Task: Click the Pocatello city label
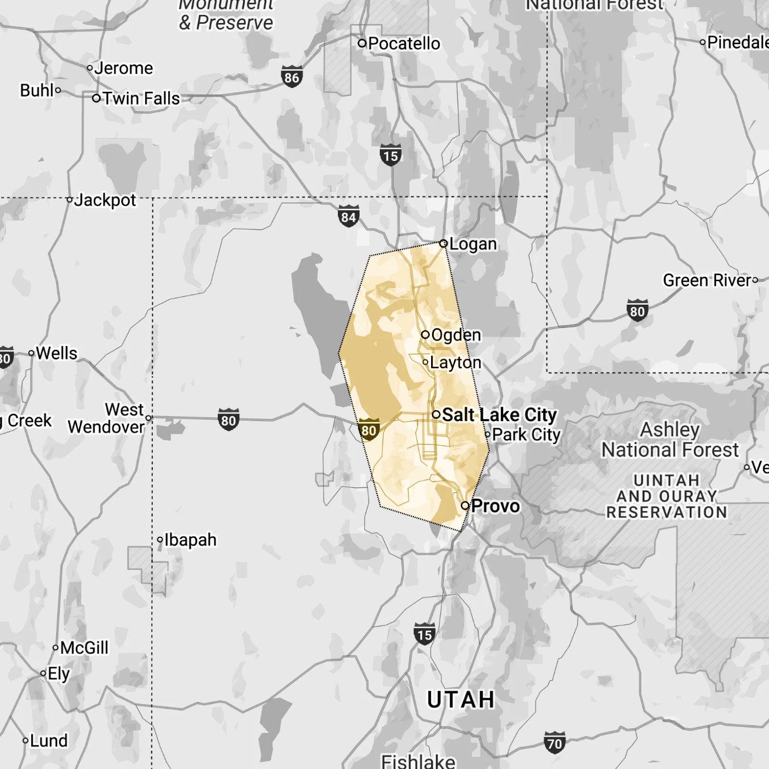coord(404,44)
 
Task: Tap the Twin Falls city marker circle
coord(97,99)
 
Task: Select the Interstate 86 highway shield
coord(292,77)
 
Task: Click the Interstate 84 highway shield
coord(348,217)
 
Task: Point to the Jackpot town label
coord(105,200)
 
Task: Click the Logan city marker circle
coord(444,244)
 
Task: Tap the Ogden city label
coord(456,335)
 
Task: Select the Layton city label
coord(455,362)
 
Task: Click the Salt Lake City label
coord(499,414)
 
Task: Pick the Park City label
coord(526,434)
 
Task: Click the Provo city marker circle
coord(465,506)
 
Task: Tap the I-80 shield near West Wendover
coord(228,420)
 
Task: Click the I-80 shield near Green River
coord(637,310)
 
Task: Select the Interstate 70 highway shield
coord(554,743)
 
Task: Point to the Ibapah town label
coord(190,540)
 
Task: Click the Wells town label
coord(56,353)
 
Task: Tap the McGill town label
coord(84,648)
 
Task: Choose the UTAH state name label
coord(460,700)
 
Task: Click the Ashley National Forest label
coord(670,440)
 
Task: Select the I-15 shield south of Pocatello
coord(391,155)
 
